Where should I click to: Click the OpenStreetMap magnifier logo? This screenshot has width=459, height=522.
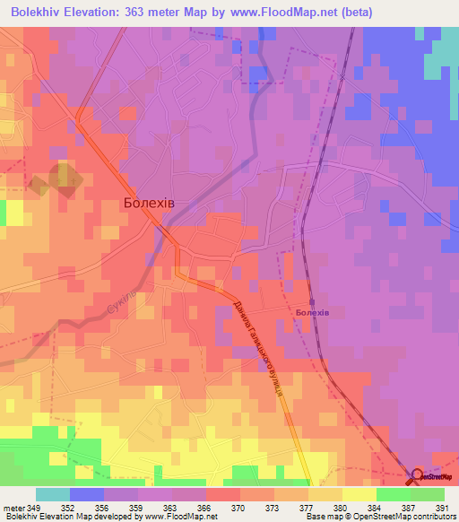point(418,476)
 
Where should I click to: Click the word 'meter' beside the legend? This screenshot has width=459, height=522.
point(13,507)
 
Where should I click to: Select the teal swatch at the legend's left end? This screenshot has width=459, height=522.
point(53,494)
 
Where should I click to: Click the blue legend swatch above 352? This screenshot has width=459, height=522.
point(87,494)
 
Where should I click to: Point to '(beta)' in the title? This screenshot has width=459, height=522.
point(352,12)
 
